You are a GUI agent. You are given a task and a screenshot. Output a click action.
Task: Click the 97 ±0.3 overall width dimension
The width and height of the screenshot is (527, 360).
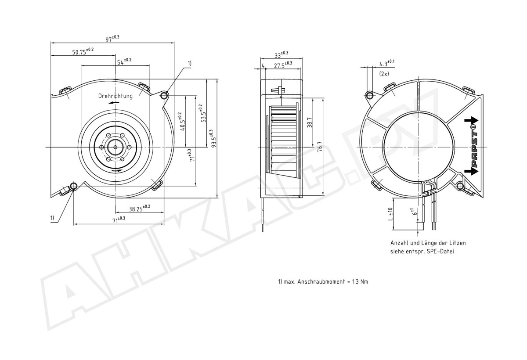pyautogui.click(x=112, y=38)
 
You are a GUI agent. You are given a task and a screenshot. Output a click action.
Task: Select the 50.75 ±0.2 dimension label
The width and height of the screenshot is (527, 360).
pyautogui.click(x=83, y=51)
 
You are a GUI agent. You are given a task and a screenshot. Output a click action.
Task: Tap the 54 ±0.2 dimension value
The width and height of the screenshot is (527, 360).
pyautogui.click(x=124, y=61)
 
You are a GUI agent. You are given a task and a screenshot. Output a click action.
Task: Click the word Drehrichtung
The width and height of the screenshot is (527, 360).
pyautogui.click(x=115, y=96)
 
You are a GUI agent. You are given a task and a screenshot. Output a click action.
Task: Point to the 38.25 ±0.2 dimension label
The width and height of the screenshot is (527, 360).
pyautogui.click(x=139, y=208)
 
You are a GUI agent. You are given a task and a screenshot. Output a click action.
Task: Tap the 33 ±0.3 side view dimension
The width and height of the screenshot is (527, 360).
pyautogui.click(x=282, y=54)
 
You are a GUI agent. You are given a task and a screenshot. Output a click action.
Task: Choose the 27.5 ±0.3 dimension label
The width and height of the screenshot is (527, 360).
pyautogui.click(x=283, y=65)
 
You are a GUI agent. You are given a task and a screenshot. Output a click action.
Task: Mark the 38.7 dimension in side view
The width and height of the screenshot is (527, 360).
pyautogui.click(x=310, y=122)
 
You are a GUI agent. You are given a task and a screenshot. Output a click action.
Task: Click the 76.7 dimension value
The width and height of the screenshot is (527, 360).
pyautogui.click(x=320, y=147)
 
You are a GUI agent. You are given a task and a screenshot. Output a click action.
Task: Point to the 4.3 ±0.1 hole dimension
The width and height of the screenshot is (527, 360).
pyautogui.click(x=387, y=63)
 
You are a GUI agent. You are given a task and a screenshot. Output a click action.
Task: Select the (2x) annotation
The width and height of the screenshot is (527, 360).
pyautogui.click(x=384, y=74)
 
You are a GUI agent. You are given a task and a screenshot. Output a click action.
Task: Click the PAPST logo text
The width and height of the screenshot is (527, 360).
pyautogui.click(x=474, y=146)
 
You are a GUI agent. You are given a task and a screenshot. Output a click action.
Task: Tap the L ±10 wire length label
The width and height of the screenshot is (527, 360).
pyautogui.click(x=390, y=214)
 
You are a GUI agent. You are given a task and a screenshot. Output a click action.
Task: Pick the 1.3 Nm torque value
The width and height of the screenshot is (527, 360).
pyautogui.click(x=360, y=281)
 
